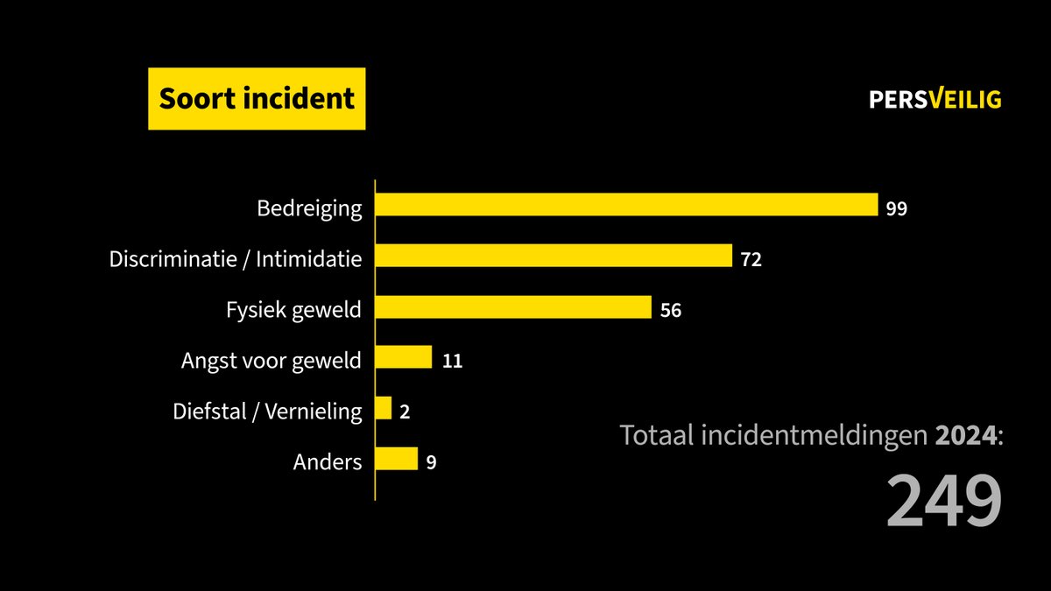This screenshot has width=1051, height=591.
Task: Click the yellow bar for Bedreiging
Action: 626,205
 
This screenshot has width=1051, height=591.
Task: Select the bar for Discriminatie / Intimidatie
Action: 554,256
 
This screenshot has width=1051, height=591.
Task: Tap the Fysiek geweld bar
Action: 513,307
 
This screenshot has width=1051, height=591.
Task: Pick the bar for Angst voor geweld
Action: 404,357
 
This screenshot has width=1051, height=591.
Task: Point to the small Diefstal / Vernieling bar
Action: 384,408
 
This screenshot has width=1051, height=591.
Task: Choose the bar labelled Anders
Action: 397,459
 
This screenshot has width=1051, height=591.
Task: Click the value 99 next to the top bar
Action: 896,209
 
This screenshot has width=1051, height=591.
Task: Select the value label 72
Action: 751,260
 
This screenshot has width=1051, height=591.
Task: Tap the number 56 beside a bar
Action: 671,311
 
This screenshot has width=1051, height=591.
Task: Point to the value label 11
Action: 452,362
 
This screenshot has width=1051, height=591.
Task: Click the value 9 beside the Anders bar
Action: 431,463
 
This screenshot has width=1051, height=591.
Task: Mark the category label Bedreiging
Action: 309,209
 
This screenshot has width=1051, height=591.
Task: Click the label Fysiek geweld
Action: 293,310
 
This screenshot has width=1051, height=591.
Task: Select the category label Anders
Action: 328,462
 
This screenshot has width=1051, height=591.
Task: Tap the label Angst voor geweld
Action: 271,361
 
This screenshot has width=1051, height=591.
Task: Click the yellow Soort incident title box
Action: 257,98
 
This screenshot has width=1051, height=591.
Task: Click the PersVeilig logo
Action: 935,100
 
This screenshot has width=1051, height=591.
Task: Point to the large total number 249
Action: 943,502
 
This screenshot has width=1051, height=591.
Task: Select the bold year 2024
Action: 966,435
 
